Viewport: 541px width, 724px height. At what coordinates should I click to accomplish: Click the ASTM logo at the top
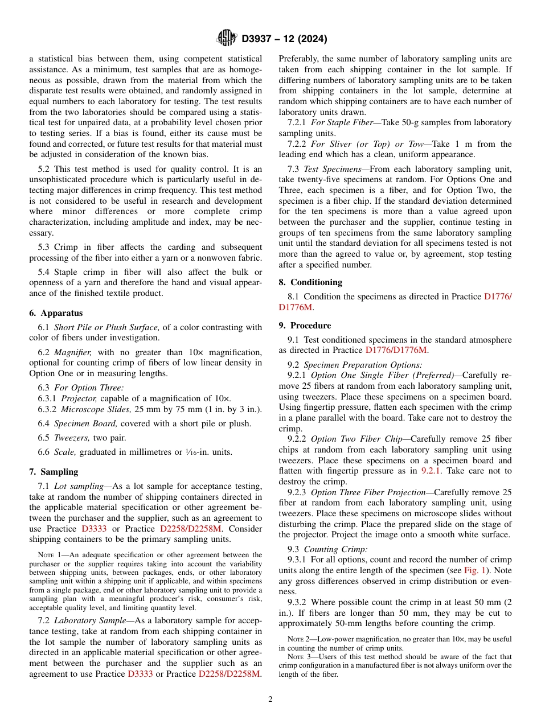pyautogui.click(x=226, y=38)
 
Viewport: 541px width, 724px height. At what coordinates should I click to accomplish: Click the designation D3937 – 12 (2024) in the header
pyautogui.click(x=284, y=39)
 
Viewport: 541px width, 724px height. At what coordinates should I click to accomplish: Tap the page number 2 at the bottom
pyautogui.click(x=270, y=700)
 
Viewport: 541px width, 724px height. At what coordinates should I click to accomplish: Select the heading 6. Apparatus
pyautogui.click(x=56, y=313)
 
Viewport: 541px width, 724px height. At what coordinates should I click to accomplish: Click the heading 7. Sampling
pyautogui.click(x=54, y=472)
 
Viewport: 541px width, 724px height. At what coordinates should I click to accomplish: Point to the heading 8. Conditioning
pyautogui.click(x=310, y=282)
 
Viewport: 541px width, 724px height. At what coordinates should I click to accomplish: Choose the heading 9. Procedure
pyautogui.click(x=305, y=326)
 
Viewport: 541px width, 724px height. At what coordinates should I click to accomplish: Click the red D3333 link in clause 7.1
pyautogui.click(x=94, y=529)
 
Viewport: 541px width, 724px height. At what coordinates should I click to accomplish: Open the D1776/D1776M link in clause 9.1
pyautogui.click(x=396, y=351)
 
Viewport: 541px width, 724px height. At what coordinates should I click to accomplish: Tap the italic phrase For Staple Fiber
pyautogui.click(x=342, y=122)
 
